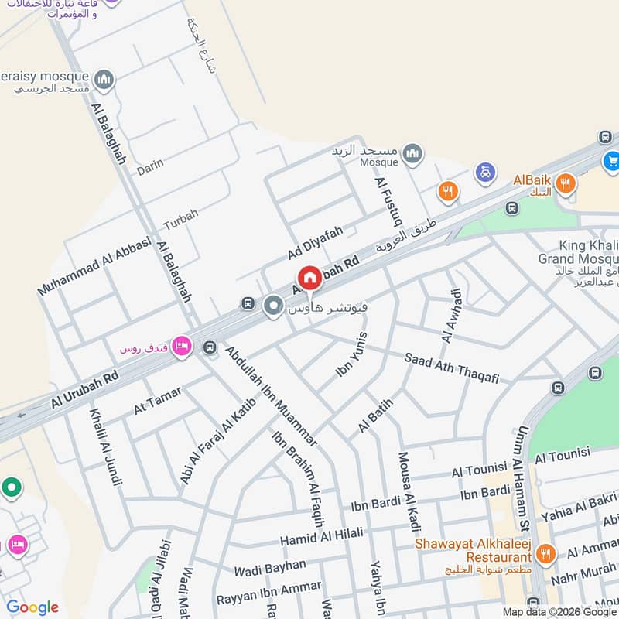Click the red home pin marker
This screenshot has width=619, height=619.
(x=309, y=277)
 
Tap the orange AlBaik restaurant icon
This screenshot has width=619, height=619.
(x=566, y=183)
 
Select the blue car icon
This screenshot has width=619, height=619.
(x=484, y=172)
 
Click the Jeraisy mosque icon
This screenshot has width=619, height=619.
(x=104, y=79)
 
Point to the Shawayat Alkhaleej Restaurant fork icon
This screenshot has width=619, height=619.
(x=545, y=553)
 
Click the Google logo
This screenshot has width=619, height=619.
(x=32, y=607)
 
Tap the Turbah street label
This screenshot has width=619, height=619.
(x=180, y=220)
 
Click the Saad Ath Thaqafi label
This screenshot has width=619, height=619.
(x=452, y=368)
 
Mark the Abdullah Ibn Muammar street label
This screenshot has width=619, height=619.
(x=271, y=395)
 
